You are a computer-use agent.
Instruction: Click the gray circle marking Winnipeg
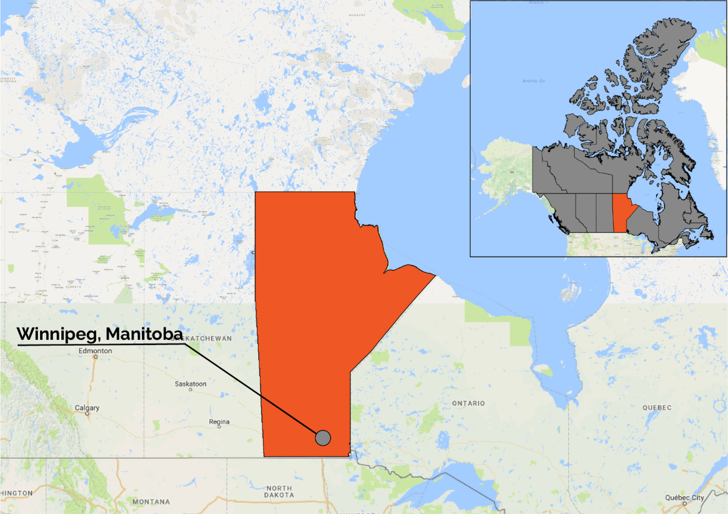[323, 438]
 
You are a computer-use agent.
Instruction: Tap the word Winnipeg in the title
[58, 334]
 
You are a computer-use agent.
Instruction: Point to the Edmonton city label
[95, 351]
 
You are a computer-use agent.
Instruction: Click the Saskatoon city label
[190, 384]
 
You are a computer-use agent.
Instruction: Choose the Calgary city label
[87, 408]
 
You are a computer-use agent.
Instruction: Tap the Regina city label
[219, 422]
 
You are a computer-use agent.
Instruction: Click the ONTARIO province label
[468, 403]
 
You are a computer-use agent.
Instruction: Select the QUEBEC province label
[657, 408]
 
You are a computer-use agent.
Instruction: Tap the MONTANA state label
[151, 502]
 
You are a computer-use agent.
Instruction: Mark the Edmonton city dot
[95, 357]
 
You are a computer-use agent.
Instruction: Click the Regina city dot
[219, 427]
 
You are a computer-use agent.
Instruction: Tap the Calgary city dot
[87, 413]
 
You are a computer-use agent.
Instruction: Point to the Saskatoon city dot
[190, 389]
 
